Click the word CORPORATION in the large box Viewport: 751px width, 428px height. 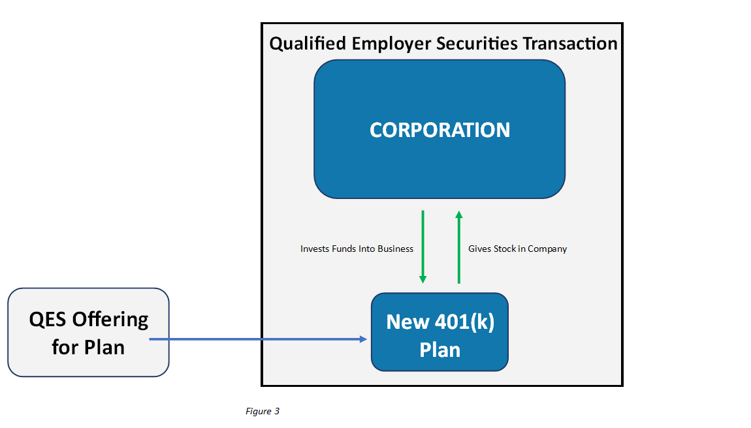[439, 130]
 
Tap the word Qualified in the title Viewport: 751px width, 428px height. [308, 44]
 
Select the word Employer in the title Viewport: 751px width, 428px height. [391, 44]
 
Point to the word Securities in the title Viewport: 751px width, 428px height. [477, 44]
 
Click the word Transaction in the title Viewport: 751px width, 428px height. [570, 44]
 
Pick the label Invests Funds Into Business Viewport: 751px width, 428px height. [357, 249]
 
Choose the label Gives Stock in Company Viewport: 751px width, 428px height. [517, 249]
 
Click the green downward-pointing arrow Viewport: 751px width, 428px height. [423, 247]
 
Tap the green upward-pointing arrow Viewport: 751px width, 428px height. [459, 247]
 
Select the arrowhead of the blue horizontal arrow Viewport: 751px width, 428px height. [364, 339]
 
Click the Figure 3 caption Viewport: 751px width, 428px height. [263, 411]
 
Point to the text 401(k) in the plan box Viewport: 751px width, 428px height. [464, 322]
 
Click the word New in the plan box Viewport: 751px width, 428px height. [407, 322]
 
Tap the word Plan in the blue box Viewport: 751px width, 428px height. [439, 350]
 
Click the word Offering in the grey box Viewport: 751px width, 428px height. [110, 320]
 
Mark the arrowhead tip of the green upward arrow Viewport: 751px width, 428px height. [459, 211]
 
